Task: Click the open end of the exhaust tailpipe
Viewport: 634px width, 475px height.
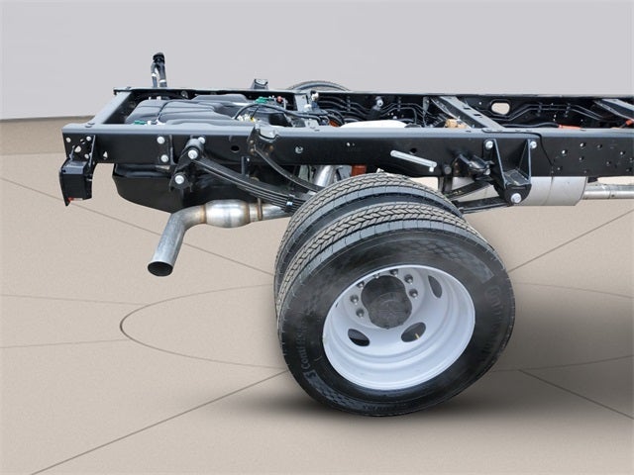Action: pos(158,267)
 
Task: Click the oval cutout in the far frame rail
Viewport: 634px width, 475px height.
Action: pos(500,108)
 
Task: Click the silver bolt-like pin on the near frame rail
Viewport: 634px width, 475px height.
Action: pos(412,159)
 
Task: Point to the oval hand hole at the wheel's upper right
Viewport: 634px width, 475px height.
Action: pos(435,287)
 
